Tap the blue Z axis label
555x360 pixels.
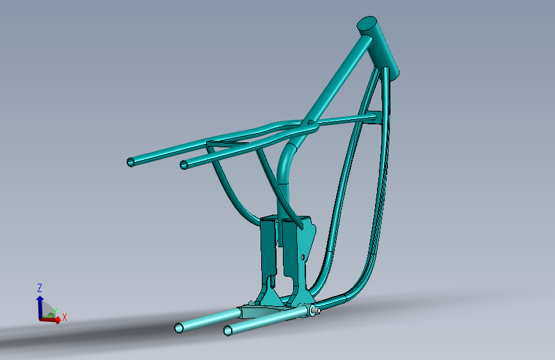point(40,288)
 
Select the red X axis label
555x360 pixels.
point(65,317)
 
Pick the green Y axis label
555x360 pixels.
point(55,311)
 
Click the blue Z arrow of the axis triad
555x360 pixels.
point(40,307)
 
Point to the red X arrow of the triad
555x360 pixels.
point(50,320)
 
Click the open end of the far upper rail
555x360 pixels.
point(131,162)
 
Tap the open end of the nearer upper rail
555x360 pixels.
point(184,165)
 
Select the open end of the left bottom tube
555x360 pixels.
point(179,328)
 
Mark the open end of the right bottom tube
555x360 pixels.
point(229,331)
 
